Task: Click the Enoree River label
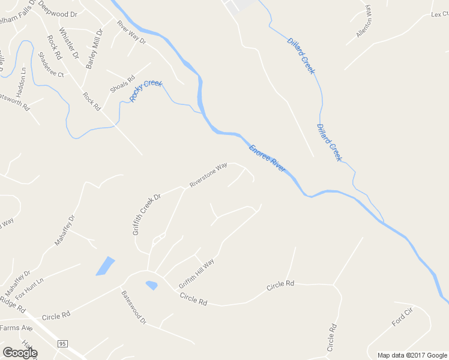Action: coord(267,158)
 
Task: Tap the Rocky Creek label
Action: coord(146,91)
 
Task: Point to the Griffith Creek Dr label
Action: coord(147,214)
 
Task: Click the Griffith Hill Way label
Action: coord(196,274)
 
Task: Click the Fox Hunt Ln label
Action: coord(30,288)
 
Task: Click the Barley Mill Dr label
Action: coord(94,49)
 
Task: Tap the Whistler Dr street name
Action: coord(69,43)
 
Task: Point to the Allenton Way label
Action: coord(364,23)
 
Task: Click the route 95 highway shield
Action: coord(62,343)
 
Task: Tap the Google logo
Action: coord(20,353)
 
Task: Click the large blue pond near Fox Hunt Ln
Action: coord(105,266)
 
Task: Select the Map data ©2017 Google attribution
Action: coord(412,355)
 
